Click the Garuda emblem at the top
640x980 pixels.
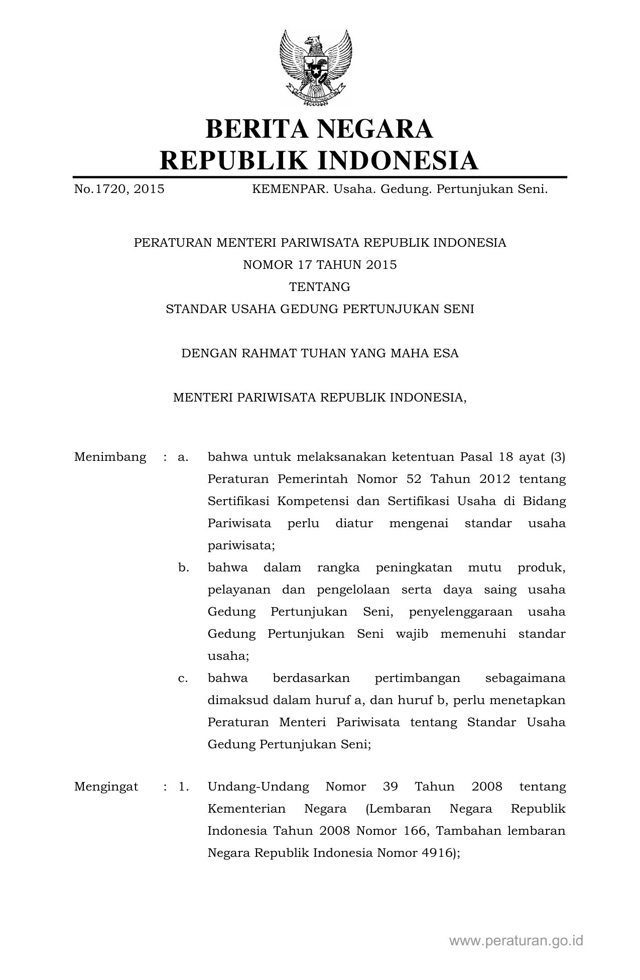pyautogui.click(x=316, y=67)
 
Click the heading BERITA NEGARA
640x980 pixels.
pyautogui.click(x=319, y=129)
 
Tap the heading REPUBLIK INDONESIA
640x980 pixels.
pyautogui.click(x=319, y=160)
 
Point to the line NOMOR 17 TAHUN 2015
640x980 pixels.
pyautogui.click(x=320, y=265)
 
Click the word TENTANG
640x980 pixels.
pyautogui.click(x=320, y=287)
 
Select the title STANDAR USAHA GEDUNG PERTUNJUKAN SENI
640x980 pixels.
pyautogui.click(x=320, y=309)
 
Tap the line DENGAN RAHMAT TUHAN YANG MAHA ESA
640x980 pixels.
pyautogui.click(x=320, y=353)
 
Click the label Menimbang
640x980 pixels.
pyautogui.click(x=110, y=457)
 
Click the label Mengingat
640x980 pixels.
pyautogui.click(x=106, y=787)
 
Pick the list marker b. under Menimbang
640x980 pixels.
pyautogui.click(x=184, y=568)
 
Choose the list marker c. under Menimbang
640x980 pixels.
pyautogui.click(x=183, y=678)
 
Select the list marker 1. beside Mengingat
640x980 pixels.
pyautogui.click(x=184, y=787)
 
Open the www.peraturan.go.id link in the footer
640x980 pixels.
pyautogui.click(x=516, y=941)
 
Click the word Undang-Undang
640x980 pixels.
pyautogui.click(x=258, y=787)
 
